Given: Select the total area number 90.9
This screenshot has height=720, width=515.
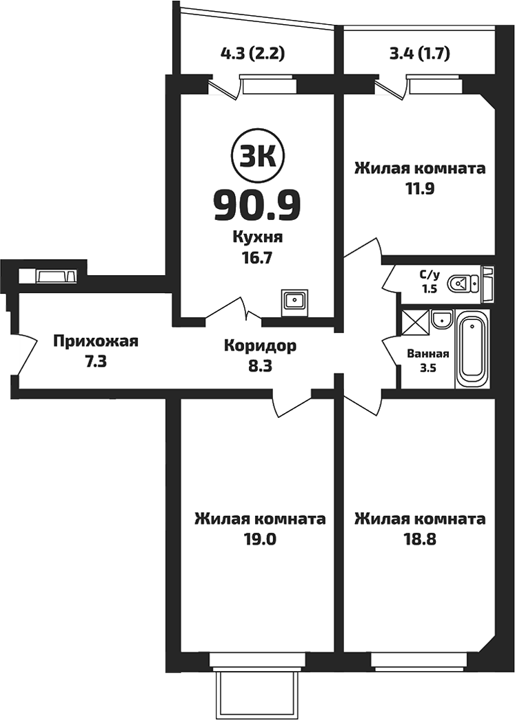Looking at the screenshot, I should coord(257,203).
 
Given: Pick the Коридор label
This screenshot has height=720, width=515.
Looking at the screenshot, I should coord(260,346).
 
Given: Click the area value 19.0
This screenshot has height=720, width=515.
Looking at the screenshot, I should coord(259,539).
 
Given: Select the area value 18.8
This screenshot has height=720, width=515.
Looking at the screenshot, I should coord(419,539).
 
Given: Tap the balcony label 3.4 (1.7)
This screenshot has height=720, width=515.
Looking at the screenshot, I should coord(420,53).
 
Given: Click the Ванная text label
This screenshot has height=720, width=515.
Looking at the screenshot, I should coord(428,354).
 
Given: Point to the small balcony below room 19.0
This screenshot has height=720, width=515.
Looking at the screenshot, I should coord(257,693).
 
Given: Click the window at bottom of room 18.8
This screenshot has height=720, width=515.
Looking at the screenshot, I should coord(419,661).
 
